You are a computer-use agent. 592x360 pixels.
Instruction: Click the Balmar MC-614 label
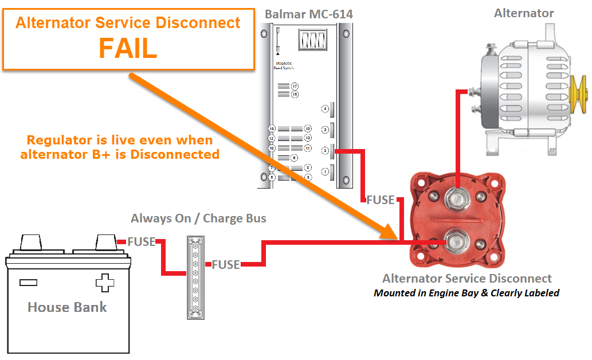(x=309, y=13)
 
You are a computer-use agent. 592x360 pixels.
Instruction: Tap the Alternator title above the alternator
(x=524, y=13)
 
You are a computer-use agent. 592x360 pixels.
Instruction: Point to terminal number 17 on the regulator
(x=295, y=86)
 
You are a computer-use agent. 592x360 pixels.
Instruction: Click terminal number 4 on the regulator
(x=325, y=109)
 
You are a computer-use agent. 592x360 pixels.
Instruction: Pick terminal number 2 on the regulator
(x=325, y=151)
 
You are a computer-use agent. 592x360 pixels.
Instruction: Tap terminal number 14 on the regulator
(x=272, y=128)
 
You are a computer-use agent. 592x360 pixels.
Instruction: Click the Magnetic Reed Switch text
(x=284, y=66)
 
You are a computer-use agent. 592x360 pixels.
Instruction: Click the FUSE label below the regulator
(x=381, y=200)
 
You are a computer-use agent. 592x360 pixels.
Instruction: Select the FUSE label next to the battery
(x=141, y=242)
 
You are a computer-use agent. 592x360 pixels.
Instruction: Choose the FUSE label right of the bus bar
(x=226, y=265)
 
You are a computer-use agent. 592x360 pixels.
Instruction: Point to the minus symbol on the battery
(x=28, y=282)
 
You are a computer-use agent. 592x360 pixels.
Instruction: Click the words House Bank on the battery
(x=67, y=307)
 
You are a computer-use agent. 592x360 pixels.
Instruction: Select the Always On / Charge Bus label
(x=198, y=218)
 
